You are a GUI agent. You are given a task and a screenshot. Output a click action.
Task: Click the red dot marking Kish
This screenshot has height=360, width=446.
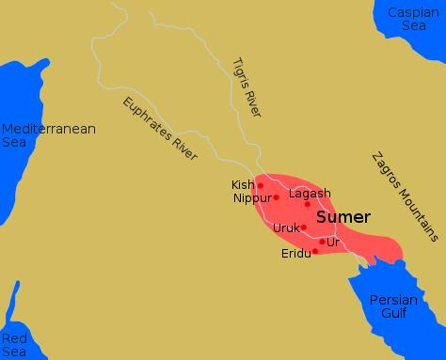(261, 185)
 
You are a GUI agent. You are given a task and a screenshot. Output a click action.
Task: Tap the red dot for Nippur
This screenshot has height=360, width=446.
(276, 197)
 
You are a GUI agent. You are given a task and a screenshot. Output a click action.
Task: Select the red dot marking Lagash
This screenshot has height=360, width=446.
(308, 204)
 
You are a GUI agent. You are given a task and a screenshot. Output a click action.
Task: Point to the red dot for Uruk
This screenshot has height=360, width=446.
(303, 227)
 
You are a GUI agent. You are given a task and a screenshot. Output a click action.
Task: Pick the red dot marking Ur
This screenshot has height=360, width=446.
(322, 242)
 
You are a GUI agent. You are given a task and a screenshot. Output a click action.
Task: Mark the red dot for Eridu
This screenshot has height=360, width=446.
(315, 251)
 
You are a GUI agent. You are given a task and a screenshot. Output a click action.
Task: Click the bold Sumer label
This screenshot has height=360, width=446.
(342, 217)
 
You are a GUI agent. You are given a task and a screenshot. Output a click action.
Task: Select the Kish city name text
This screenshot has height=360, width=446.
(243, 184)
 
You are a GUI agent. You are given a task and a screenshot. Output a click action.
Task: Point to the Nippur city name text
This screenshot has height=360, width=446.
(251, 198)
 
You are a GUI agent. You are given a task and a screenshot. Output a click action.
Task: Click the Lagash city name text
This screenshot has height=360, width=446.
(310, 194)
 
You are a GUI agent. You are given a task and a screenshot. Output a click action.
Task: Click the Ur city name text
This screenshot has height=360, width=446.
(332, 243)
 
